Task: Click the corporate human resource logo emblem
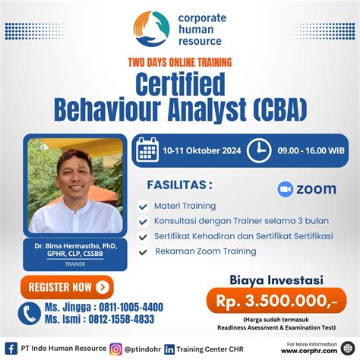(150, 29)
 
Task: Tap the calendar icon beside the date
(147, 150)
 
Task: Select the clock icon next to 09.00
(259, 150)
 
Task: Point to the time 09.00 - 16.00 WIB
(312, 150)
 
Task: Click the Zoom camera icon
(286, 189)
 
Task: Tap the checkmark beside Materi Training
(142, 206)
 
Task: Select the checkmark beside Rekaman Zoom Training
(142, 251)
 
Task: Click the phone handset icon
(30, 313)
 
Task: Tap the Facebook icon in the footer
(11, 349)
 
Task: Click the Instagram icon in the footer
(115, 349)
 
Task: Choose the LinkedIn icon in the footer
(169, 349)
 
